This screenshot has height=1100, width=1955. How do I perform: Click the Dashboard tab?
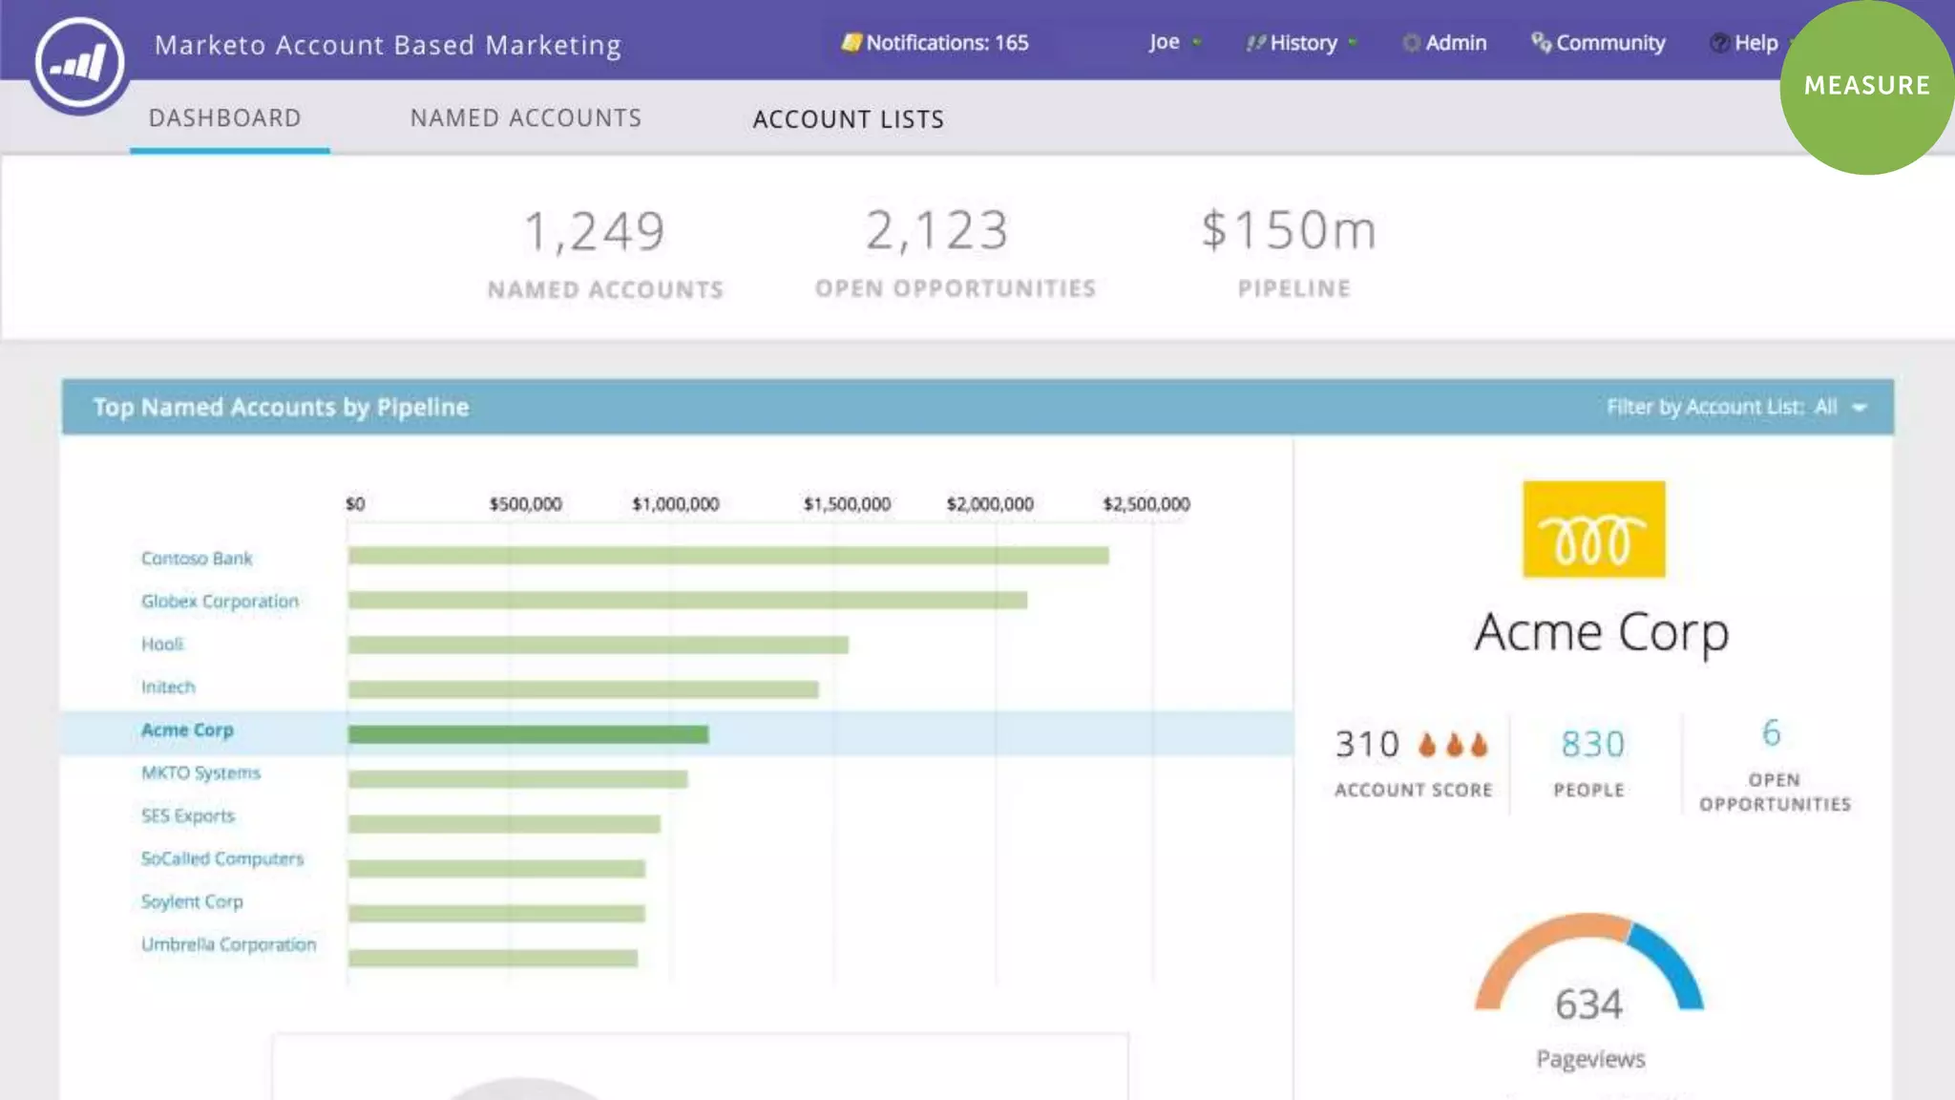click(225, 118)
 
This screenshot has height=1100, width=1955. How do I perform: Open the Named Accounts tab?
click(526, 118)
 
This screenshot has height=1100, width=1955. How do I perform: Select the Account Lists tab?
click(849, 119)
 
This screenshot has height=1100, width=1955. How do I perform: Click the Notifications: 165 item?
click(935, 43)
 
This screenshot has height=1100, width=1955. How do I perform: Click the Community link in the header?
click(1599, 43)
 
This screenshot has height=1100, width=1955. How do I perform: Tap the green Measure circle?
click(1866, 86)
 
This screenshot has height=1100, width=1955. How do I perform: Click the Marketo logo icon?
click(80, 63)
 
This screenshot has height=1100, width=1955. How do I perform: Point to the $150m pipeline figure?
click(1289, 231)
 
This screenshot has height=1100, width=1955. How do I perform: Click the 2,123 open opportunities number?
click(936, 231)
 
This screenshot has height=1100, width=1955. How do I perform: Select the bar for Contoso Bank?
click(727, 556)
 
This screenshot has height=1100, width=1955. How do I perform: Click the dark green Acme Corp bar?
click(528, 734)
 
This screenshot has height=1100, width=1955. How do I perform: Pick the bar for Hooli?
click(598, 645)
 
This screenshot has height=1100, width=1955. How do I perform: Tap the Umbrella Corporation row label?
click(228, 944)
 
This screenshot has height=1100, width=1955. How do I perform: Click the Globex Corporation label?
click(220, 602)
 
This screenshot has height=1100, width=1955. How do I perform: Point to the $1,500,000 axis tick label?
click(847, 504)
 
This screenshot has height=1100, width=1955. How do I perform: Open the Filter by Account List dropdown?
click(1735, 408)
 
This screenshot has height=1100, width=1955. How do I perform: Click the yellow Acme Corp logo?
click(1593, 529)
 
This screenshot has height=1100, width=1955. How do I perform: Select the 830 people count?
click(1591, 745)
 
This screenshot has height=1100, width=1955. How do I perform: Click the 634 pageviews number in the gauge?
click(1588, 1005)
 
